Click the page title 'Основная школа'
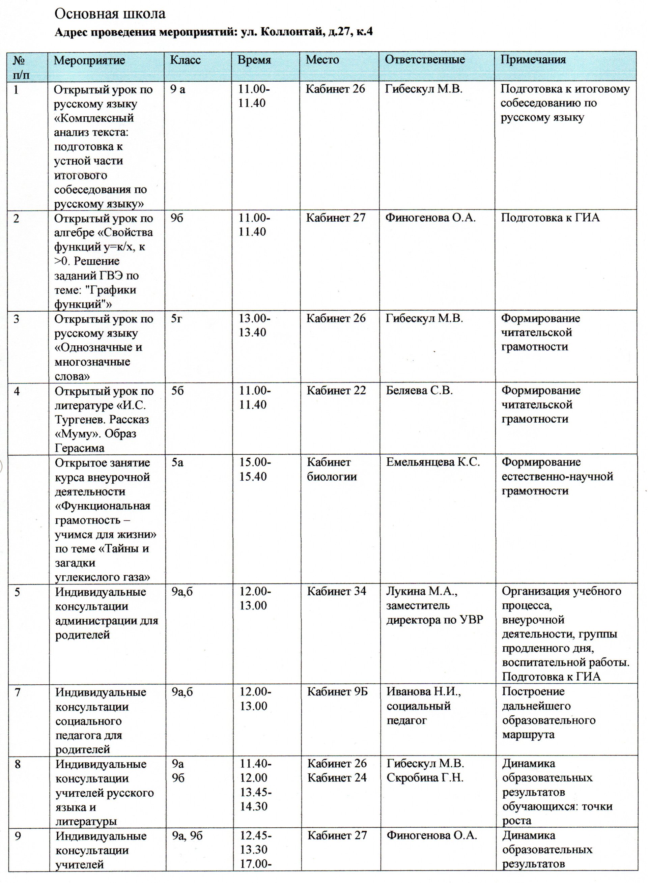(x=110, y=14)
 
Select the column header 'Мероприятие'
(x=89, y=60)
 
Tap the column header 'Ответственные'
(x=424, y=60)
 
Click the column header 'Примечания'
(x=533, y=60)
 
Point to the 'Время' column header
(x=254, y=60)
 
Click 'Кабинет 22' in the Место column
(x=336, y=391)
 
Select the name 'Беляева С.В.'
(x=419, y=391)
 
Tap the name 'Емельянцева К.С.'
(x=433, y=462)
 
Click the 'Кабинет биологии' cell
(x=332, y=469)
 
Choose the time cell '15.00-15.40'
(x=255, y=469)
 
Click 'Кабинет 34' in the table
(x=337, y=591)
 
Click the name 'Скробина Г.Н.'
(x=425, y=777)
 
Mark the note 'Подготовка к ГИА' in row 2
(x=550, y=218)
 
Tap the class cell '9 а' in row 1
(x=178, y=89)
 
